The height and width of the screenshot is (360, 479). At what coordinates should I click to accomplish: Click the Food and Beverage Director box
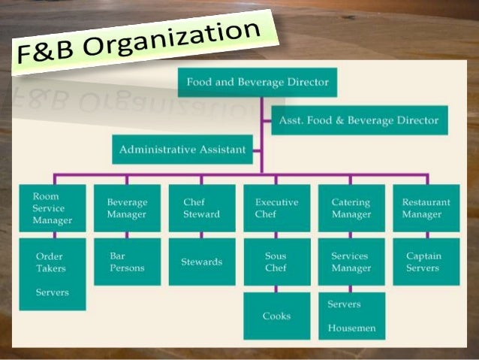coord(257,82)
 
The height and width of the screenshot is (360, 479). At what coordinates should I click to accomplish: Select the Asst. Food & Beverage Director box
coord(359,120)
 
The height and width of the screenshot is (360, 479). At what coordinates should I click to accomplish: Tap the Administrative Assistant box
coord(182,149)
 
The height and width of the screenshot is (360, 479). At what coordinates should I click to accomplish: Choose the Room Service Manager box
coord(53,208)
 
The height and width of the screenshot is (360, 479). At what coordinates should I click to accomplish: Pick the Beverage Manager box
coord(127,208)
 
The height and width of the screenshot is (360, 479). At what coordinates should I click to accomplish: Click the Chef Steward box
coord(201,208)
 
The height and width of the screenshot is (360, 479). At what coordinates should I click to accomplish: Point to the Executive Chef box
coord(276,208)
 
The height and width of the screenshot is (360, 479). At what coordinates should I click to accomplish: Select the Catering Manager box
coord(351,208)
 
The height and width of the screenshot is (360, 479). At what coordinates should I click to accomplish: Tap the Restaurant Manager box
coord(426,208)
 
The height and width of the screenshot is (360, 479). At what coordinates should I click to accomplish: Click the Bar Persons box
coord(127,262)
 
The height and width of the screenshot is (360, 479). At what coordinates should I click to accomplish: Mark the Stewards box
coord(201,262)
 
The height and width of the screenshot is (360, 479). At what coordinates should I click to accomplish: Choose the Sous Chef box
coord(276,262)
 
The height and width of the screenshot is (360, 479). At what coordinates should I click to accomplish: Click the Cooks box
coord(276,316)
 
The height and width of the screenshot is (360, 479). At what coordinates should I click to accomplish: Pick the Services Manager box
coord(351,262)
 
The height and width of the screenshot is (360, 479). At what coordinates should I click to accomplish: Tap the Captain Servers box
coord(426,262)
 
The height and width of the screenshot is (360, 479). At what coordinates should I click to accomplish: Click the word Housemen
coord(352,328)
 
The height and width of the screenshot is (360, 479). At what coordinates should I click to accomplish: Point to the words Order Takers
coord(51,262)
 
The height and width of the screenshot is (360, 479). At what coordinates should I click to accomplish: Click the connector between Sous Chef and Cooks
coord(276,289)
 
